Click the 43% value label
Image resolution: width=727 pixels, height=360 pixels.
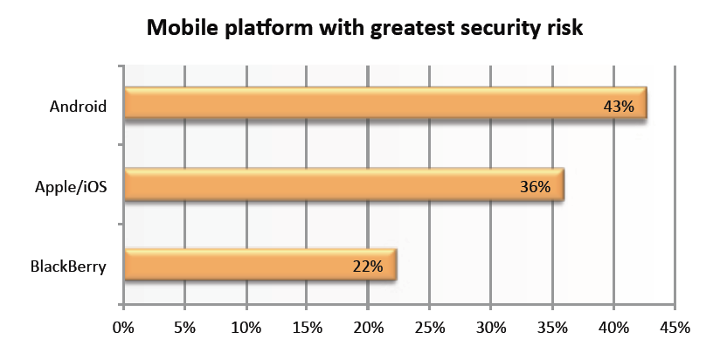(619, 107)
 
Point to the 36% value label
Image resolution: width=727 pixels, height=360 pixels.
(535, 187)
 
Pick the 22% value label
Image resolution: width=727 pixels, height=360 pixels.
(367, 267)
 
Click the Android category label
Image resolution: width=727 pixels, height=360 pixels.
(79, 107)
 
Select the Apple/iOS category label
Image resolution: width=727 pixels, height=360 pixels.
(72, 186)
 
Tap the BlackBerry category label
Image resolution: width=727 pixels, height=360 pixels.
(67, 267)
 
